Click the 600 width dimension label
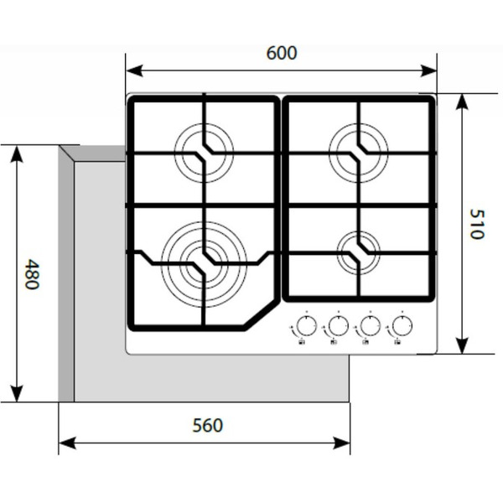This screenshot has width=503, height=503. (x=282, y=53)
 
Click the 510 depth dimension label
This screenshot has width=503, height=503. (x=476, y=224)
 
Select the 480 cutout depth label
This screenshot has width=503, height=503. (x=32, y=274)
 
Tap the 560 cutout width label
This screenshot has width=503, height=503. (x=207, y=425)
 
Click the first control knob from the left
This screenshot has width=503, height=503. (x=307, y=325)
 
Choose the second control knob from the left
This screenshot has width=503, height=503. (x=339, y=325)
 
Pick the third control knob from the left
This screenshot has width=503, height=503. (x=370, y=325)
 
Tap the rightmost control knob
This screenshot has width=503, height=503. (x=402, y=325)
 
